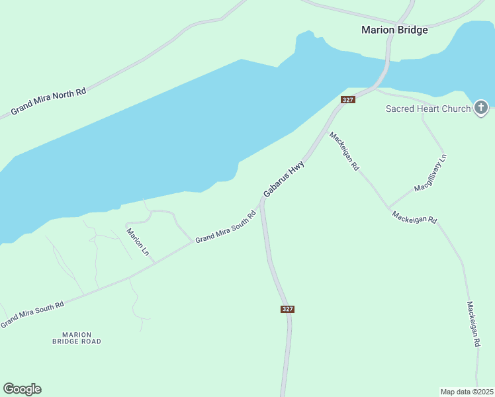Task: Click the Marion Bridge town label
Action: coord(394,30)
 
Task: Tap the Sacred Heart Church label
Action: coord(428,109)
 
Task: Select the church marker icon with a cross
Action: coord(481,107)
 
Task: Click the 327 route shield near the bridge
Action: coord(348,99)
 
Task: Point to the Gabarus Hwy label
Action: coord(284,177)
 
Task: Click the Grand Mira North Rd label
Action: coord(48,102)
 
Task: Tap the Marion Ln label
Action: coord(138,242)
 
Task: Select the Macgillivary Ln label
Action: coord(431,173)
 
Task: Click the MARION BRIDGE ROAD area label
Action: coord(77,338)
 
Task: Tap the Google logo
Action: coord(22,389)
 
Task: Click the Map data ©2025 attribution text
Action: coord(467,392)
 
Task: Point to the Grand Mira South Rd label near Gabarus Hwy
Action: coord(225,227)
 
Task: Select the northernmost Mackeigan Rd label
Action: coord(344,152)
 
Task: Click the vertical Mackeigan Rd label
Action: coord(472,325)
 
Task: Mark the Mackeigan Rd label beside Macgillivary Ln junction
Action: coord(414,217)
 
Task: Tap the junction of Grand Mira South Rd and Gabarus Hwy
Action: coord(262,202)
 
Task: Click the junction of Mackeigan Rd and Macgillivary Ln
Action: coord(389,207)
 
